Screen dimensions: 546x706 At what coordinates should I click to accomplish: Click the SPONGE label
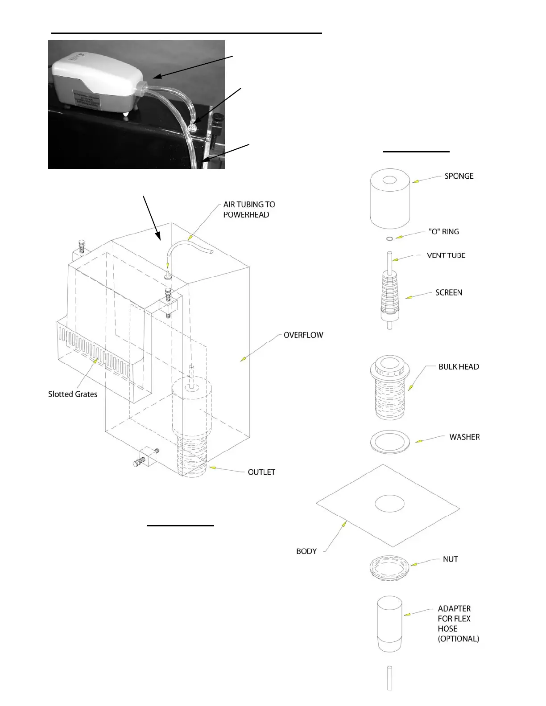[459, 176]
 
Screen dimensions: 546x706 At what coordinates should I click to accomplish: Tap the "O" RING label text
[443, 232]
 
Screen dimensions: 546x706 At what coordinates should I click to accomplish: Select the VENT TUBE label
[446, 255]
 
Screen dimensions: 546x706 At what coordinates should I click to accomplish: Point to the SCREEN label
[448, 293]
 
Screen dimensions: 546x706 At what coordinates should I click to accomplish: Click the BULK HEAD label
[458, 367]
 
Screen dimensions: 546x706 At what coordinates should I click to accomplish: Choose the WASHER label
[464, 437]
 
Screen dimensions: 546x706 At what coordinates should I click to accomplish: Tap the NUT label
[450, 559]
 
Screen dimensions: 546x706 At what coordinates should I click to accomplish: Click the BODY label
[306, 551]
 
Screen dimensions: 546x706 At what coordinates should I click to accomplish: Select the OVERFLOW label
[303, 335]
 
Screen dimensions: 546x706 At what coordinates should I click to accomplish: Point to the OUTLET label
[261, 472]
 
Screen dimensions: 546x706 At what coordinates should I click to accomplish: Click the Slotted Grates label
[72, 394]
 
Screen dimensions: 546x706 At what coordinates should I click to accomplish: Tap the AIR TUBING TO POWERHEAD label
[248, 209]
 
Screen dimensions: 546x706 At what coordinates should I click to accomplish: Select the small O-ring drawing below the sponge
[389, 239]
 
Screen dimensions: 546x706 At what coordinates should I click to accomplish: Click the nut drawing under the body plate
[389, 568]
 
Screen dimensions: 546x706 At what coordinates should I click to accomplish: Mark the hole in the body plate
[389, 503]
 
